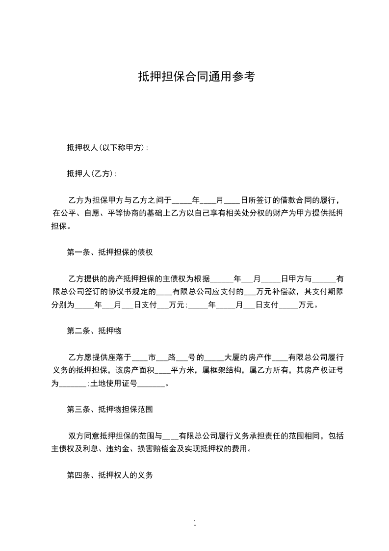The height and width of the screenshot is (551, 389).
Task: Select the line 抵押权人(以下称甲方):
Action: (x=107, y=147)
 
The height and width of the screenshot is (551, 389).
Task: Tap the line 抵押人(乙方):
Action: (x=92, y=174)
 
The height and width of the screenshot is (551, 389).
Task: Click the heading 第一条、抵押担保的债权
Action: (x=110, y=253)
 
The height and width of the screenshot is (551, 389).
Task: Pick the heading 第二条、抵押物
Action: (x=94, y=331)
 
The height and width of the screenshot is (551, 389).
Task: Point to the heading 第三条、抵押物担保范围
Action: (x=112, y=409)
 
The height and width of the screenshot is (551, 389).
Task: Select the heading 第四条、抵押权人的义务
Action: (x=110, y=475)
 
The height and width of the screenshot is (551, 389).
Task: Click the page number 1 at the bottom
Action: (x=195, y=523)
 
